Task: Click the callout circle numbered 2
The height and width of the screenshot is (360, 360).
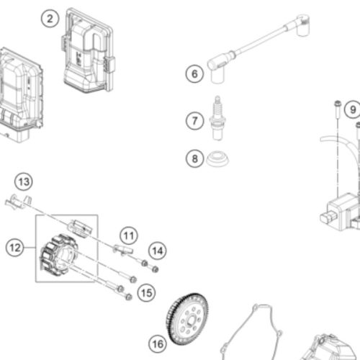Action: pos(50,19)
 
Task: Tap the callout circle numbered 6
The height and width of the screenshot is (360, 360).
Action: pos(194,73)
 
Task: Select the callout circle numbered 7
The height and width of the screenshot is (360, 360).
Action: pos(195,121)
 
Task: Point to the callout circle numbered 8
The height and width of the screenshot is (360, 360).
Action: pos(195,158)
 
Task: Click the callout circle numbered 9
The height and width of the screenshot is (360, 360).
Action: pos(353,109)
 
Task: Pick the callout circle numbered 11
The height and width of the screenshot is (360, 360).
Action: pos(129,235)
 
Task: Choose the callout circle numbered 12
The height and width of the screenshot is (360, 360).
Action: pos(15,248)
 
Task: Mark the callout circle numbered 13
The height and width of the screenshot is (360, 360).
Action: pos(24,181)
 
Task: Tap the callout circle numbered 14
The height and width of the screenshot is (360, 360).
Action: pos(158,251)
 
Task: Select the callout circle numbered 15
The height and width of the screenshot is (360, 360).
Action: pos(146,293)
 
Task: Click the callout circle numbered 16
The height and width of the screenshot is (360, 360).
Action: pos(158,344)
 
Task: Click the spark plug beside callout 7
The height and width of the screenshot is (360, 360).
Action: pos(217,118)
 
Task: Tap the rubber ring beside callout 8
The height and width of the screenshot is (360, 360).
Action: pos(217,158)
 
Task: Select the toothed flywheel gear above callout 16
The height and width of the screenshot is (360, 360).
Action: pos(187,319)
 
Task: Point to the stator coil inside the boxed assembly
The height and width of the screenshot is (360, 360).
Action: pos(59,255)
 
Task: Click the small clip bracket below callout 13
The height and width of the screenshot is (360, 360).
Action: pos(18,202)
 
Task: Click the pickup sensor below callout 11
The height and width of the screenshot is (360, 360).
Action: pos(123,250)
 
